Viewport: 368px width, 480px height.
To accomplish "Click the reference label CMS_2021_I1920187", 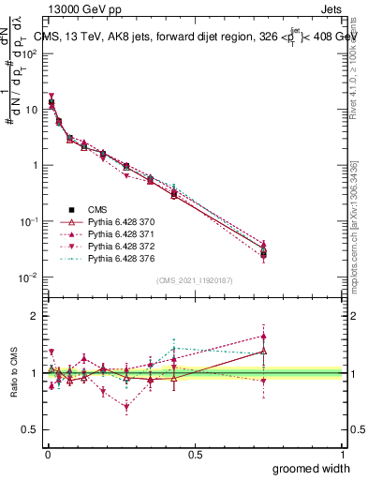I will [x=194, y=280].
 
